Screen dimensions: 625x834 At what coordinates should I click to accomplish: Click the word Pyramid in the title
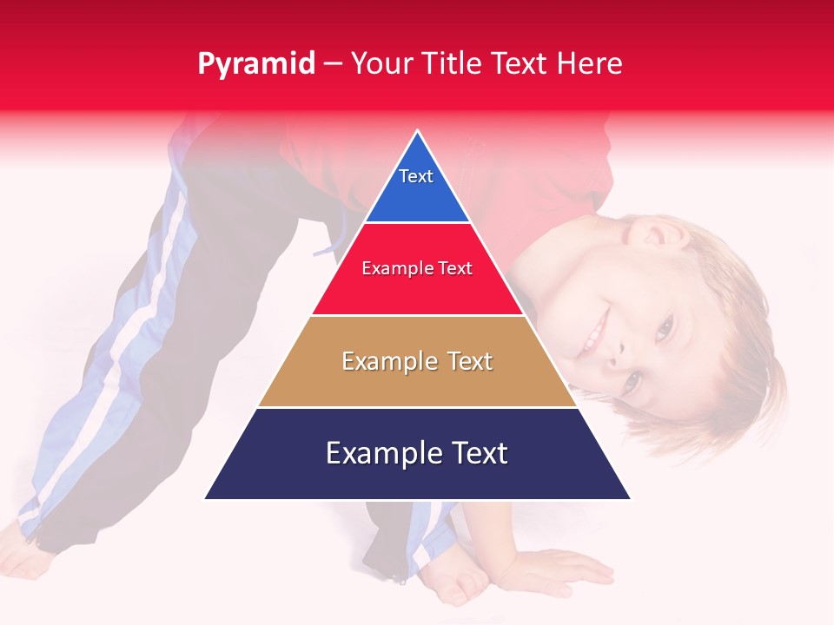click(256, 64)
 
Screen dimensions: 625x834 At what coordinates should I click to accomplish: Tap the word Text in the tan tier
click(469, 361)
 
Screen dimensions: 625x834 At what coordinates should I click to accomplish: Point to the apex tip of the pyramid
click(418, 131)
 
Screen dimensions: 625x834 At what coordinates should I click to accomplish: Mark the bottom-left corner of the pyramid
click(205, 499)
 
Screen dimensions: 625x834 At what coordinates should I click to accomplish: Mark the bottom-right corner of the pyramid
click(630, 499)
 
